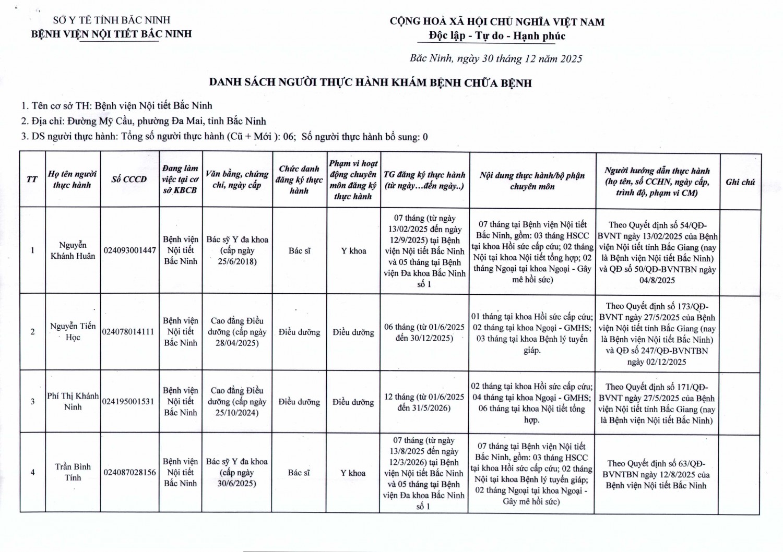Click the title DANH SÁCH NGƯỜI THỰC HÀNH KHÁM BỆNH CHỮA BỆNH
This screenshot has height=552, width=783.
tap(370, 83)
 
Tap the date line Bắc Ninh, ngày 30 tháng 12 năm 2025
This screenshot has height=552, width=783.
tap(495, 58)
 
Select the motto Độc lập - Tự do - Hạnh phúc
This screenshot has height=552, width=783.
tap(497, 36)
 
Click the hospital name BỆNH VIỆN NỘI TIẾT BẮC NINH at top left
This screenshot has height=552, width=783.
tap(112, 34)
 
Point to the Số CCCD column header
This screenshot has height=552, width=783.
tap(129, 179)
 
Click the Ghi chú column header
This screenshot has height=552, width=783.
tap(740, 182)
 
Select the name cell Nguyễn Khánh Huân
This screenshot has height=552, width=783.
tap(73, 250)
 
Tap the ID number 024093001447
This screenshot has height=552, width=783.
tap(129, 250)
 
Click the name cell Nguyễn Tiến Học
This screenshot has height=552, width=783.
tap(73, 332)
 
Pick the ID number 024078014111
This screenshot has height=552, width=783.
tap(129, 332)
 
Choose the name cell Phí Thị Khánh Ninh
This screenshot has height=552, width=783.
tap(73, 401)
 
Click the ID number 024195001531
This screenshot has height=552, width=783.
tap(129, 401)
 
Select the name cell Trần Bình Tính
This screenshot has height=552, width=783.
tap(73, 472)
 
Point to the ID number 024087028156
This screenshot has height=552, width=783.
tap(129, 473)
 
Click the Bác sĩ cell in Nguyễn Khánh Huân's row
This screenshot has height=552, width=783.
tap(299, 251)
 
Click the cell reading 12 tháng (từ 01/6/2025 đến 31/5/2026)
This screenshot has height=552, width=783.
tap(424, 402)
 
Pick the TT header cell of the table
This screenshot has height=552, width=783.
tap(32, 179)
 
